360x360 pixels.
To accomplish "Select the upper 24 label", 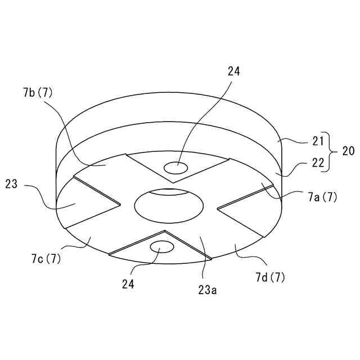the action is click(x=234, y=71).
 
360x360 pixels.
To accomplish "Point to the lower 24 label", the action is click(x=128, y=284).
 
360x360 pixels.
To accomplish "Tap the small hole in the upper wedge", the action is click(x=176, y=167).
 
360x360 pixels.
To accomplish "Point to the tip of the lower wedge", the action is click(x=164, y=231).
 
